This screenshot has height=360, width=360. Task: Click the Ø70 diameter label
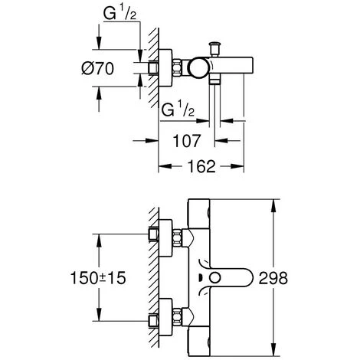point(97,68)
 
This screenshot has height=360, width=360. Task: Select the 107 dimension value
point(187,141)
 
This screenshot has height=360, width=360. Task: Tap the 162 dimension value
point(201,166)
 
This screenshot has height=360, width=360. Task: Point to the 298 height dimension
point(273,278)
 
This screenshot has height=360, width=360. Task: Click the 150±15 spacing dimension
point(98,278)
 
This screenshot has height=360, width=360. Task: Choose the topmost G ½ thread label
point(119,13)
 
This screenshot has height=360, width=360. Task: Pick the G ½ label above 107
point(178,110)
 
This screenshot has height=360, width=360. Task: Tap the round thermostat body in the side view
point(198,68)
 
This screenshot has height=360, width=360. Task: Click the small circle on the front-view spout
point(214,278)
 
